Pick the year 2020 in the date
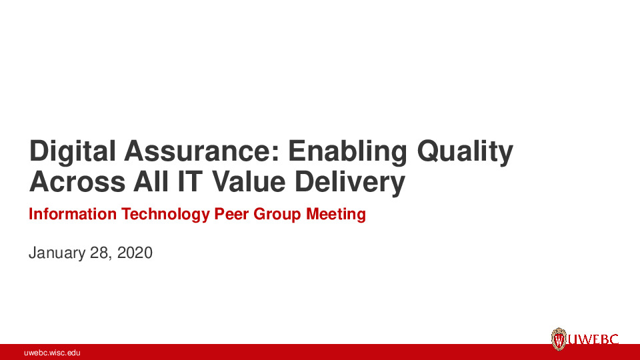[x=135, y=253]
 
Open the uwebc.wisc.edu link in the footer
[x=52, y=352]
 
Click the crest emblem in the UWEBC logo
[x=559, y=339]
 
